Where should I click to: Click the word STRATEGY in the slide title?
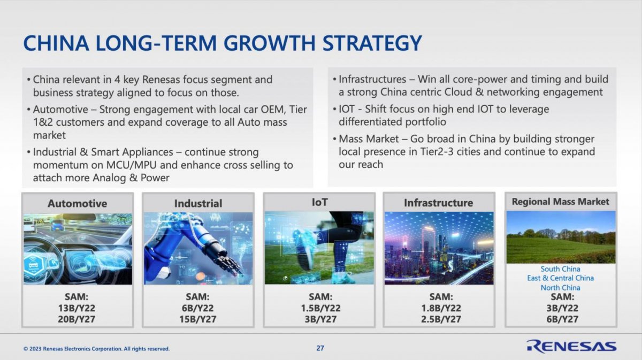(372, 43)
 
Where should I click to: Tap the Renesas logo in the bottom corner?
(571, 347)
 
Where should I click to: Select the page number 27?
(320, 348)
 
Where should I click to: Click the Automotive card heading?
(78, 203)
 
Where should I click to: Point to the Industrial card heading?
(198, 203)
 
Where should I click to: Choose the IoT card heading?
(319, 202)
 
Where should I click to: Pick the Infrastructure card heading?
(439, 203)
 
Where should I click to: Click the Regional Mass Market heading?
(561, 202)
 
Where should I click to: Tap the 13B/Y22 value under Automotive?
(77, 308)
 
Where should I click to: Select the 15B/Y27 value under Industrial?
(198, 319)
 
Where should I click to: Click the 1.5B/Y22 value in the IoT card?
(320, 308)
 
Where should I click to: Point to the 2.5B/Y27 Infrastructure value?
(441, 319)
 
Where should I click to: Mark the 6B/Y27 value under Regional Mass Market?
(562, 319)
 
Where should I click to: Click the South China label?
(560, 269)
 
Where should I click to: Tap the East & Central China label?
(560, 278)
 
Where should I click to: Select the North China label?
(560, 287)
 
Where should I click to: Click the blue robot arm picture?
(198, 248)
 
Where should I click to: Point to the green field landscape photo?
(561, 237)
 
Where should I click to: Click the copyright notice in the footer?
(97, 349)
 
